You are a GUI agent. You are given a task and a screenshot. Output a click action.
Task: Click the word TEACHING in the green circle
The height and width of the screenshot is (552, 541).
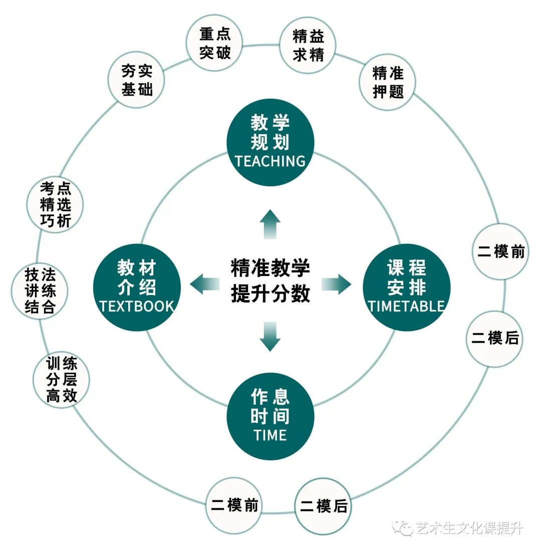[270, 161]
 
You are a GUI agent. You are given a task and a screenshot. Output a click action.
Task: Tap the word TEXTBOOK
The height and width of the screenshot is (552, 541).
[136, 306]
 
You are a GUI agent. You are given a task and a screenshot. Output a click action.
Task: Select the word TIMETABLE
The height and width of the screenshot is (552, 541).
[406, 306]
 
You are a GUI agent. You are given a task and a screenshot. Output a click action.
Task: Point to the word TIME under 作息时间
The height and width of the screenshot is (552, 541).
[270, 435]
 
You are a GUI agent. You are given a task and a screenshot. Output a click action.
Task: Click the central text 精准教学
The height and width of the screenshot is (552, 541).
[270, 268]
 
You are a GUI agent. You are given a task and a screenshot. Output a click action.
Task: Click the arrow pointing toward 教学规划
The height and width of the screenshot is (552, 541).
[270, 224]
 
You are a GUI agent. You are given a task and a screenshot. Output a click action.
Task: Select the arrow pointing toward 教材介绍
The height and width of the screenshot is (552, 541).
[205, 285]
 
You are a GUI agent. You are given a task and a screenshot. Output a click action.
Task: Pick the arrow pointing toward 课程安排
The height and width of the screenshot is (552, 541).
[336, 285]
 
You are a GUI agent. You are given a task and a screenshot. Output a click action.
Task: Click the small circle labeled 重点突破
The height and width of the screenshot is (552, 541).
[214, 43]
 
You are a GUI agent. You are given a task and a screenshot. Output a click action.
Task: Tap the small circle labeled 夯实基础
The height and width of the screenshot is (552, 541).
[137, 80]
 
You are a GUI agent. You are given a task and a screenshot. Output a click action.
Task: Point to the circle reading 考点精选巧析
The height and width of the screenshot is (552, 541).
[55, 204]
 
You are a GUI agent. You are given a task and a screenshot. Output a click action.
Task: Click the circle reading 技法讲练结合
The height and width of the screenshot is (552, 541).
[40, 291]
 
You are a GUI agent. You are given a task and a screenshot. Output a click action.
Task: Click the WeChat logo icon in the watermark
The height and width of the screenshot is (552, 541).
[402, 527]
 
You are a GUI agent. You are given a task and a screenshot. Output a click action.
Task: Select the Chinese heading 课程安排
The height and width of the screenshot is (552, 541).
[406, 278]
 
